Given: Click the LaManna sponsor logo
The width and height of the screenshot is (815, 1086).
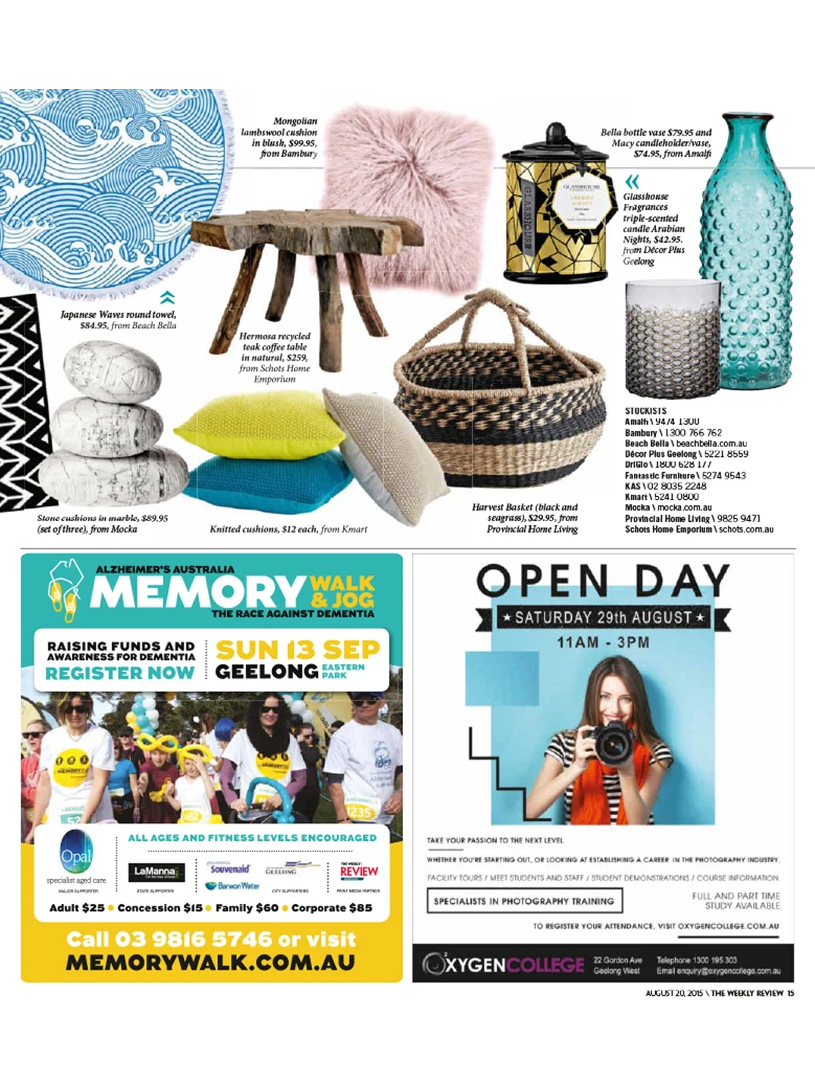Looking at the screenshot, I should click(x=156, y=872).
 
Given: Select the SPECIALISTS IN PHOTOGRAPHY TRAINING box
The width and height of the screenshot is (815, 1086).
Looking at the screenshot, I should click(x=524, y=901).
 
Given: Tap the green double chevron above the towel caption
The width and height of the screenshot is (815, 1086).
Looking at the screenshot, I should click(x=167, y=297).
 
